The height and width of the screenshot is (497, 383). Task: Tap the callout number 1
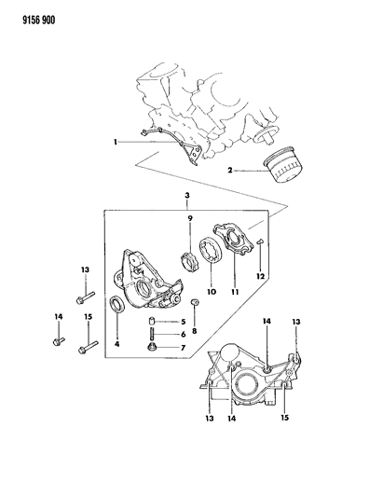(x=116, y=142)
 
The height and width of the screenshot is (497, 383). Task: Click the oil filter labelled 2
(x=283, y=164)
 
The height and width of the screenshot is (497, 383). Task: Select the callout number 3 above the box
(x=187, y=195)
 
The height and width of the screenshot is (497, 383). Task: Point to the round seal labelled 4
(x=117, y=304)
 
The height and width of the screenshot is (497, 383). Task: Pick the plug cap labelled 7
(x=152, y=347)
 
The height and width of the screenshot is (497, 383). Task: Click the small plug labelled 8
(x=195, y=302)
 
